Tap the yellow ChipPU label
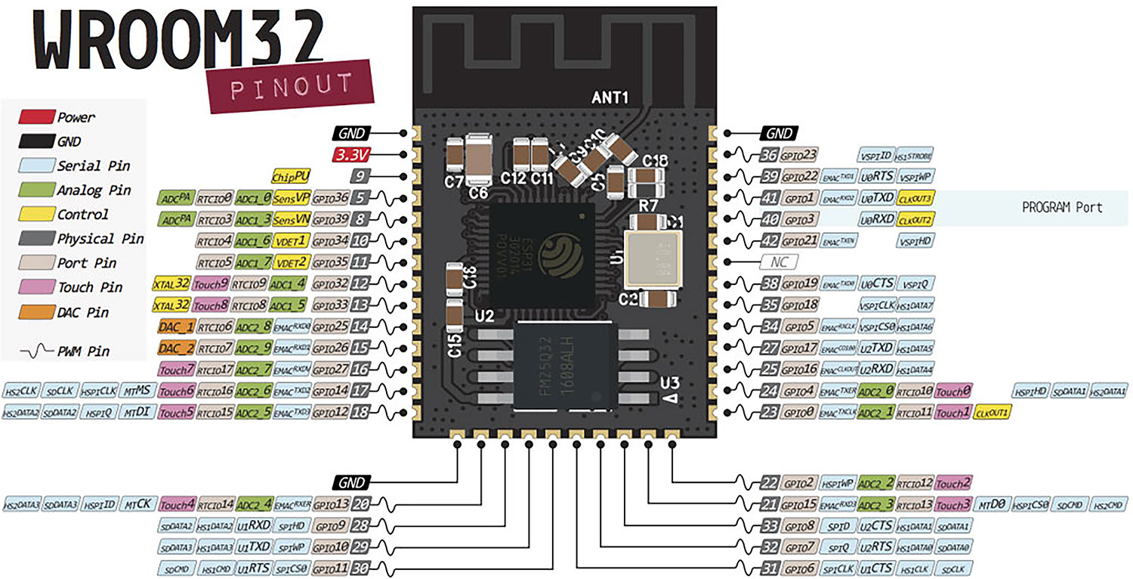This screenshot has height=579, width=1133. pyautogui.click(x=291, y=176)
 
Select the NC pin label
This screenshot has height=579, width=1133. pyautogui.click(x=780, y=262)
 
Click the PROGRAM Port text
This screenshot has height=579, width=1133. pyautogui.click(x=1061, y=206)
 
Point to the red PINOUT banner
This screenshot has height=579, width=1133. pyautogui.click(x=291, y=86)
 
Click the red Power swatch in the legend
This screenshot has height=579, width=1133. pyautogui.click(x=37, y=117)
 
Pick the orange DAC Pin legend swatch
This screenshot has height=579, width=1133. pyautogui.click(x=37, y=312)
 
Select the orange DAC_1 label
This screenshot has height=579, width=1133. pyautogui.click(x=175, y=327)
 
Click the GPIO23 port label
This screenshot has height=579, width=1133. pyautogui.click(x=799, y=155)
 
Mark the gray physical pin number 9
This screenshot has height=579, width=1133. pyautogui.click(x=361, y=177)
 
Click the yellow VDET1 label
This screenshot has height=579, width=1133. pyautogui.click(x=291, y=241)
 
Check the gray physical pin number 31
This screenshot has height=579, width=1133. pyautogui.click(x=770, y=568)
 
